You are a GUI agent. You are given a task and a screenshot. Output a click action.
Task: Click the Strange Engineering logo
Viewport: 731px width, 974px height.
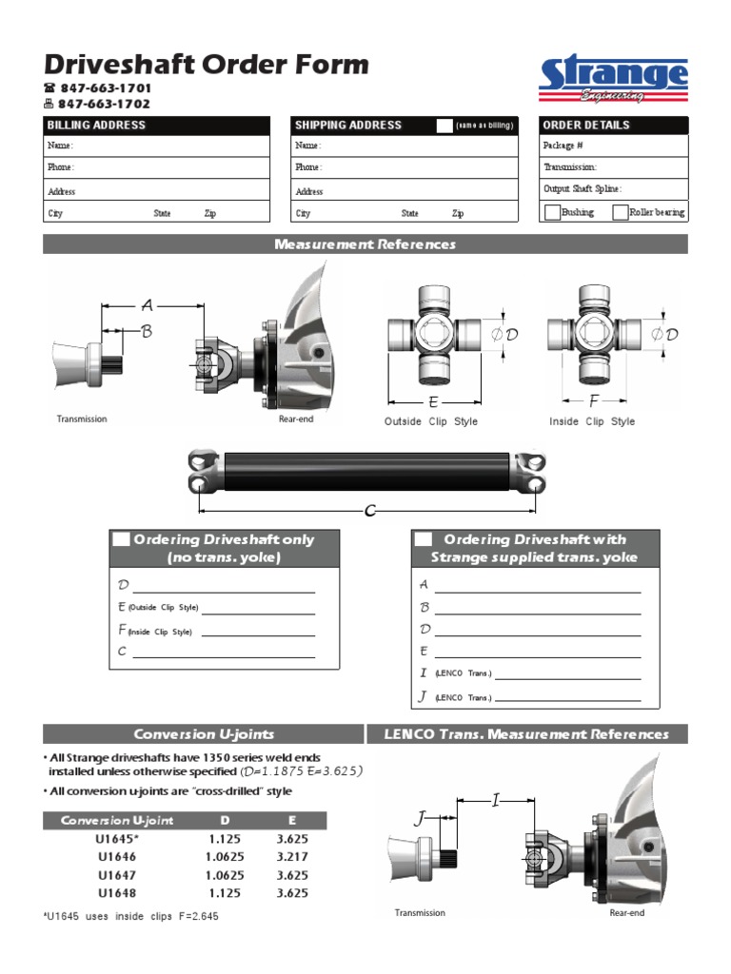pyautogui.click(x=613, y=80)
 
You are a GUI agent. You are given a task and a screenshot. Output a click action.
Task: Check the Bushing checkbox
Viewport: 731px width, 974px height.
pyautogui.click(x=552, y=213)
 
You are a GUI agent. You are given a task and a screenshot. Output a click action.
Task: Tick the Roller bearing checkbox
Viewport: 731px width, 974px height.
pyautogui.click(x=621, y=213)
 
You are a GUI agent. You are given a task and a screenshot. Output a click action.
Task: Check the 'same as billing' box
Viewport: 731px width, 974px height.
pyautogui.click(x=445, y=126)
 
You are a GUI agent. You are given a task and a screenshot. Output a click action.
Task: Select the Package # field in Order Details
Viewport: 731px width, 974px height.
pyautogui.click(x=613, y=146)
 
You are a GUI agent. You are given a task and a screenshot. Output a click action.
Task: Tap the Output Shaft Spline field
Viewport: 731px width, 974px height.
pyautogui.click(x=613, y=189)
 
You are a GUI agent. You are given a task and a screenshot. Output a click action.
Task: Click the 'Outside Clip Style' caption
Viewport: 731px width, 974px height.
pyautogui.click(x=431, y=421)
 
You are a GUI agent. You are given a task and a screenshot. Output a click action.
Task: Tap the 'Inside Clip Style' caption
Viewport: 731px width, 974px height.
pyautogui.click(x=591, y=421)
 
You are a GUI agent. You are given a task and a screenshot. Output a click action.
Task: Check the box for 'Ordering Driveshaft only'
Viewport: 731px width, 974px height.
pyautogui.click(x=121, y=539)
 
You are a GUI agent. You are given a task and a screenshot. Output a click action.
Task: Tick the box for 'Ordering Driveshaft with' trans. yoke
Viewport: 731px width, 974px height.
pyautogui.click(x=422, y=539)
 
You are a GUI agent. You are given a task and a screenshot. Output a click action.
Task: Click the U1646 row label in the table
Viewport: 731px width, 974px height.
pyautogui.click(x=116, y=857)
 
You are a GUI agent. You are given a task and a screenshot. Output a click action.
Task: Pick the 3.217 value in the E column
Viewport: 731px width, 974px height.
pyautogui.click(x=291, y=857)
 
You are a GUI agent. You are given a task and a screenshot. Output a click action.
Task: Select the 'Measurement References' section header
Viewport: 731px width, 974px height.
pyautogui.click(x=365, y=244)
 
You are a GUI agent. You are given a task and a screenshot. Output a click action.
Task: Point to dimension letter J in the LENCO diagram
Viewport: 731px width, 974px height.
pyautogui.click(x=420, y=818)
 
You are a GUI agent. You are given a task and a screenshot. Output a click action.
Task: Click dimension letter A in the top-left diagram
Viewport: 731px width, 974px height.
pyautogui.click(x=147, y=305)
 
